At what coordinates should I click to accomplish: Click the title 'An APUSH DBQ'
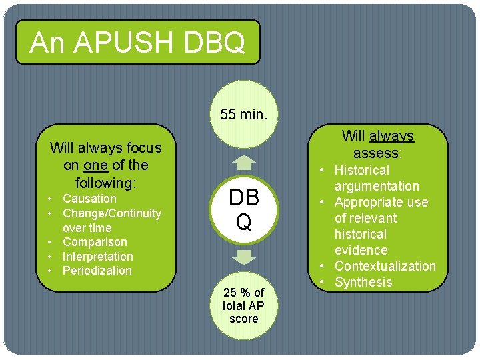[x=137, y=43]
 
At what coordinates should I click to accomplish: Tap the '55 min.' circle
[x=244, y=114]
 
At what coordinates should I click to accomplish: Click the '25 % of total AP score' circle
[x=243, y=305]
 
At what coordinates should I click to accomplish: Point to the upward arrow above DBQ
[x=245, y=162]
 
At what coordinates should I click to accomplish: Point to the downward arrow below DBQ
[x=245, y=257]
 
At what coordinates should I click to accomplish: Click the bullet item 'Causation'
[x=89, y=199]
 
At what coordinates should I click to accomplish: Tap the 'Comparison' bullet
[x=94, y=242]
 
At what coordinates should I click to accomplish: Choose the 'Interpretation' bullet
[x=97, y=257]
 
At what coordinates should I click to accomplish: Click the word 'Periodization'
[x=97, y=271]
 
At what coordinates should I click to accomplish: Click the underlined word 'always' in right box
[x=392, y=136]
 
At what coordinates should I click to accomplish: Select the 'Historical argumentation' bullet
[x=376, y=178]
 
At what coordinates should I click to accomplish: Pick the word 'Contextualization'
[x=385, y=266]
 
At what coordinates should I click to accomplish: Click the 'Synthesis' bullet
[x=363, y=282]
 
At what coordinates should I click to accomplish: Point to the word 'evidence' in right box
[x=361, y=250]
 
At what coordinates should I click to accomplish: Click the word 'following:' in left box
[x=105, y=182]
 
